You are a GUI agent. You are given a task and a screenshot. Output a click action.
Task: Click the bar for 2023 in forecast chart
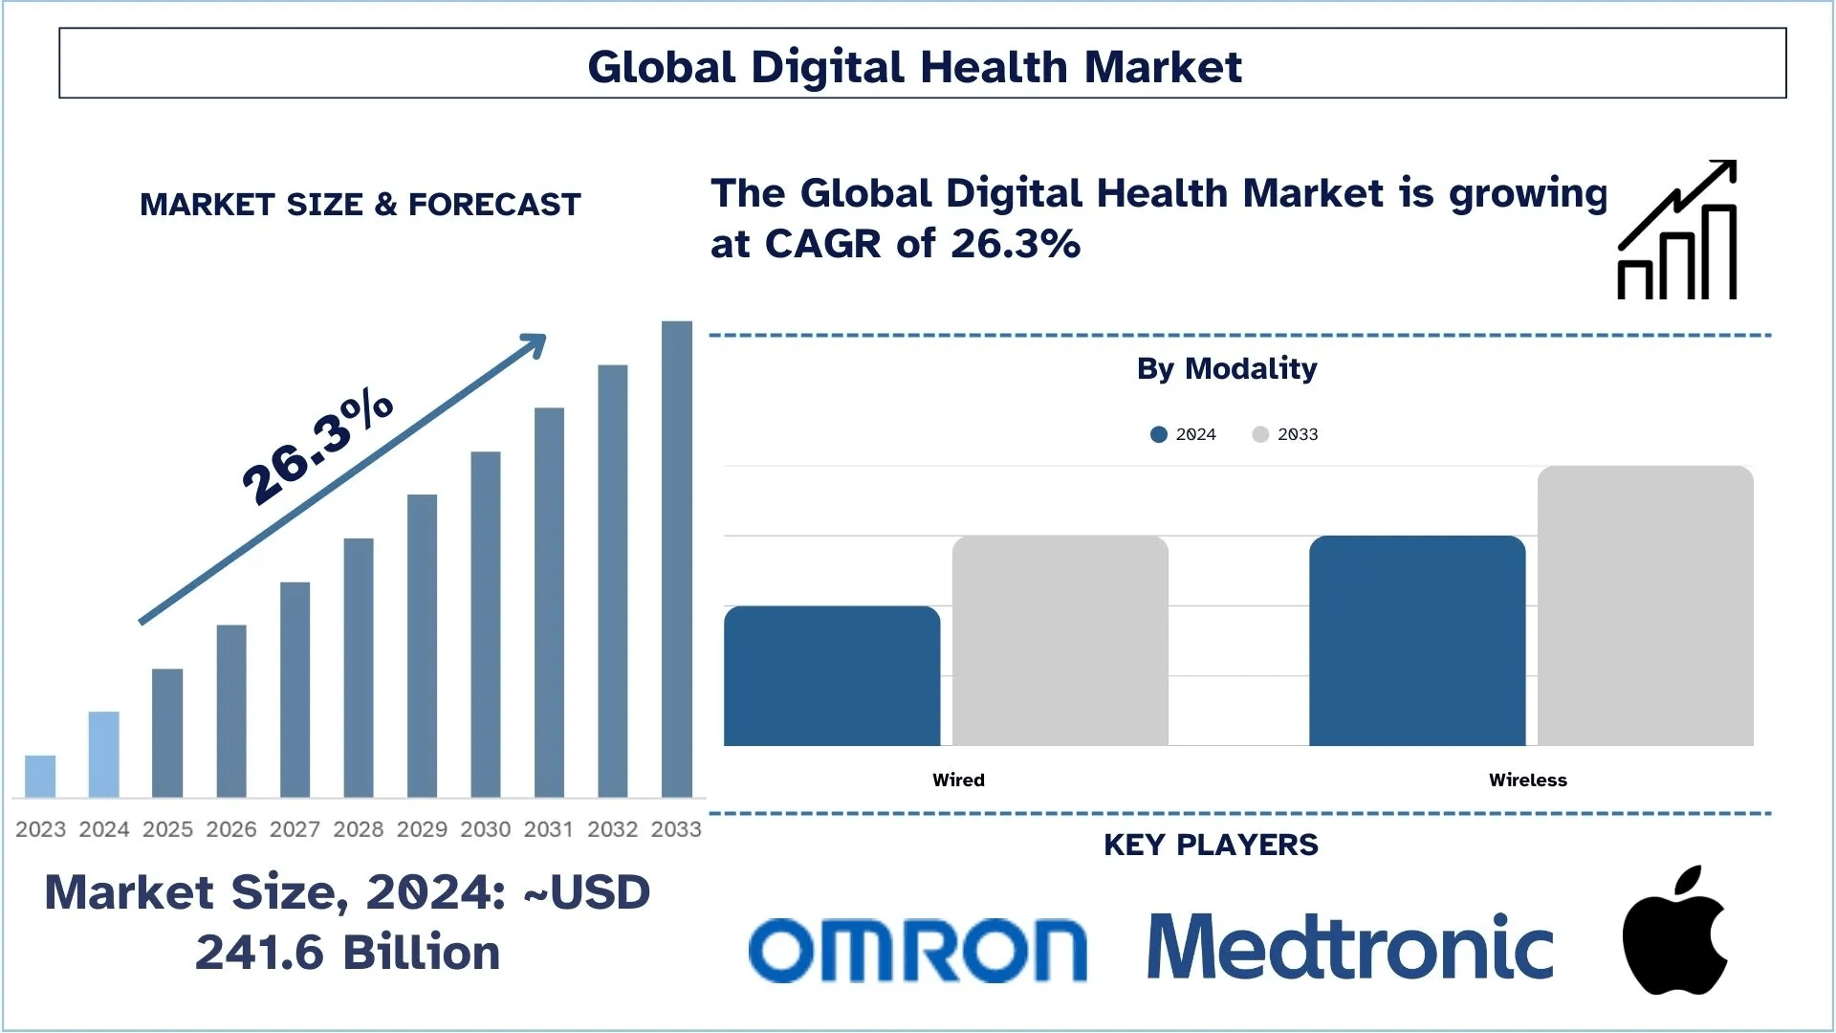(40, 776)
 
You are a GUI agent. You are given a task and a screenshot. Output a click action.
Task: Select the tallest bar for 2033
(677, 560)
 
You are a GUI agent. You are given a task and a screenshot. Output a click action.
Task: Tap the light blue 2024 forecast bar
(104, 754)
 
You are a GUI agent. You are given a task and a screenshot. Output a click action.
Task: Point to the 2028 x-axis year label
(359, 829)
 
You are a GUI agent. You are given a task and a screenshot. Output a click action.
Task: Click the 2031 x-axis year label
(549, 829)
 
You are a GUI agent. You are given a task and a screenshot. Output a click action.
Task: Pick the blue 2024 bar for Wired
(832, 675)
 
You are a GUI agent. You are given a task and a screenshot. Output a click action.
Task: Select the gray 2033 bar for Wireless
(1646, 605)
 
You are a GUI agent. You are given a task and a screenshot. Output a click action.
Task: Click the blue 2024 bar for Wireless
(1417, 641)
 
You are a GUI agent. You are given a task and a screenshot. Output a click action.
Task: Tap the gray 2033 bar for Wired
(1060, 641)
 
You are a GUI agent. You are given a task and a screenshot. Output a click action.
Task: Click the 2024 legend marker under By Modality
(1159, 434)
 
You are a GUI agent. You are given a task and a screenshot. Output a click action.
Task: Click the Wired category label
(958, 780)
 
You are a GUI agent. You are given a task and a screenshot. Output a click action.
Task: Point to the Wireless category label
(1527, 780)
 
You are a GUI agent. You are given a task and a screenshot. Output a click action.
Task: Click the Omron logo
(917, 950)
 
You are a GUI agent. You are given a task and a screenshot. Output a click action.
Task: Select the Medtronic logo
(1349, 947)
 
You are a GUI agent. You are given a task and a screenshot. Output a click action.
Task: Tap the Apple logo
(1674, 933)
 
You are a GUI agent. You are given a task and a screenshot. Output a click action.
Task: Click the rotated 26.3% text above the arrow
(317, 448)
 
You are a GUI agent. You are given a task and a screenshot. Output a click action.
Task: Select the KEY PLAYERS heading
(1211, 845)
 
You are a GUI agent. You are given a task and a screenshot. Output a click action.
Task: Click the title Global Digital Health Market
(914, 67)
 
